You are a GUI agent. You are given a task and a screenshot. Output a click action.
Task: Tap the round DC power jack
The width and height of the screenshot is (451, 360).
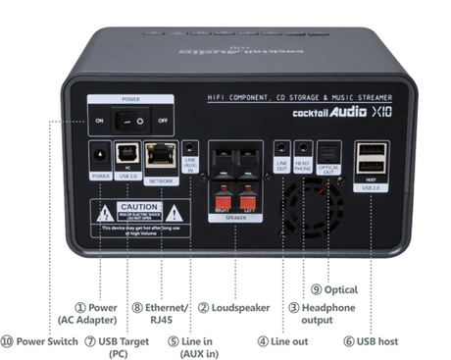99,155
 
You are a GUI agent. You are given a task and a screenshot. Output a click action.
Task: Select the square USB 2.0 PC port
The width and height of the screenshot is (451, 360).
128,155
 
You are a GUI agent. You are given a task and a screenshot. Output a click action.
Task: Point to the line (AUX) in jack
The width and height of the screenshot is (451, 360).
192,151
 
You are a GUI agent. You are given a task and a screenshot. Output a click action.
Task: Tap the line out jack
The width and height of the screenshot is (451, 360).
281,151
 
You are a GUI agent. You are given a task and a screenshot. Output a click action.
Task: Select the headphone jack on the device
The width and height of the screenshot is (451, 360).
304,151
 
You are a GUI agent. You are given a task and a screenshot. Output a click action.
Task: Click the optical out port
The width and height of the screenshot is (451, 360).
329,150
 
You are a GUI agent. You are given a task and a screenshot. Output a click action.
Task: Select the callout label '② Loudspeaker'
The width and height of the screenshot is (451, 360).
234,308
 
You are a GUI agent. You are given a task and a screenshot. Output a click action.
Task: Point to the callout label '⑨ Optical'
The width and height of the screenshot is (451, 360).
334,290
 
